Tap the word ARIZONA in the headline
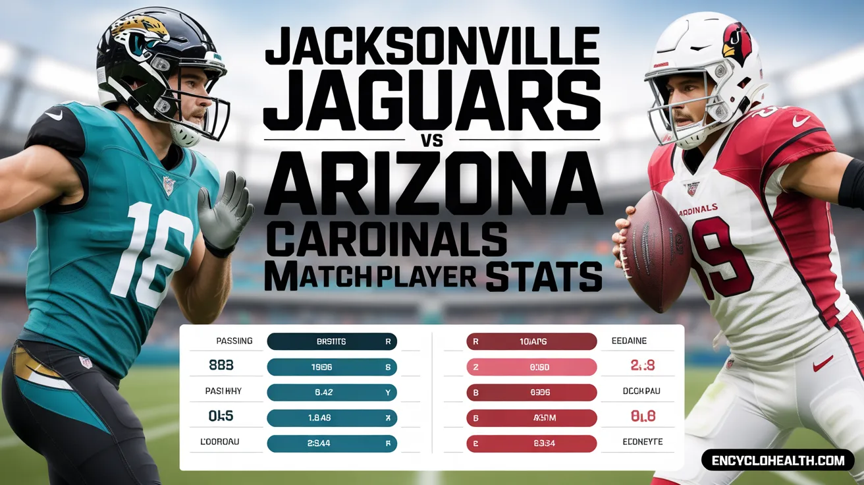pos(433,183)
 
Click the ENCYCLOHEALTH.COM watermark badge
pos(777,460)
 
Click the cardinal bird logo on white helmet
pos(737,43)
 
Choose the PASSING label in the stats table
pos(234,341)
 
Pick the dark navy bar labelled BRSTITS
pos(332,341)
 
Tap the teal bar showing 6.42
pos(332,392)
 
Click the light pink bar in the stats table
pos(531,367)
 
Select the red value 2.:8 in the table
pos(642,366)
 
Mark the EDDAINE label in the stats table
pos(629,341)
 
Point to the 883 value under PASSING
pos(221,366)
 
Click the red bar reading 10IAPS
pos(531,341)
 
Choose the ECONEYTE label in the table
pos(642,442)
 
